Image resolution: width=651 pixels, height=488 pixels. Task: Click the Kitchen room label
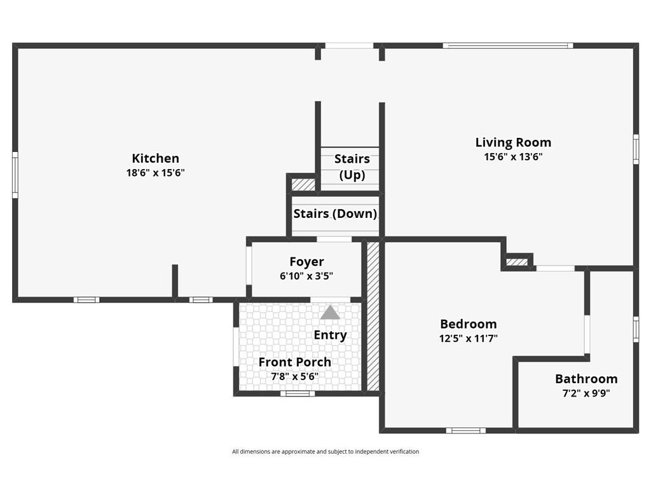155,158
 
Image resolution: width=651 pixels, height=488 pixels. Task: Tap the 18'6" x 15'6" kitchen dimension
155,173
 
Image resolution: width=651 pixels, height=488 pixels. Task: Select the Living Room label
513,142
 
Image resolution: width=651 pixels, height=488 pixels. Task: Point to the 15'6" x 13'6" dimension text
513,157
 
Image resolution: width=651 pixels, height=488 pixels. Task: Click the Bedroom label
469,323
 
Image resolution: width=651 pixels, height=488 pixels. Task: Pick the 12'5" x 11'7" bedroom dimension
469,338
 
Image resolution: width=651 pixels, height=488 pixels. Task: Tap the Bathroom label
586,379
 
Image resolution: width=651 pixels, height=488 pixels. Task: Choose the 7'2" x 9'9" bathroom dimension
586,393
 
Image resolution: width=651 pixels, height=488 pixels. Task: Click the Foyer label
307,261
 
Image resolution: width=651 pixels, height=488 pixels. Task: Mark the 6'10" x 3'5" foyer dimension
307,276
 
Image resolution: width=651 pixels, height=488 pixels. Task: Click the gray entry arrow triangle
330,313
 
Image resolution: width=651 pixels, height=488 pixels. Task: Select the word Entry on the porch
330,335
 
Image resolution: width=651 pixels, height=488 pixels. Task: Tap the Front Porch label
295,362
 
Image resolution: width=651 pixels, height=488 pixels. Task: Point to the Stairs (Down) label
335,213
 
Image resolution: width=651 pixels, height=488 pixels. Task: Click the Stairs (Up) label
352,166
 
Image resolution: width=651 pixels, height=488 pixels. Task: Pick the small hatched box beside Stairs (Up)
303,184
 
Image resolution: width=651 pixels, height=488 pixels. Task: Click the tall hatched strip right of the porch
373,316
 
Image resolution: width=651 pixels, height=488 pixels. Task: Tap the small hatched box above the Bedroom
517,262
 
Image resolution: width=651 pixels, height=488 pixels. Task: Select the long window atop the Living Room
508,46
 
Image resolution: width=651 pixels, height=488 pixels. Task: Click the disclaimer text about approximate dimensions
325,452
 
